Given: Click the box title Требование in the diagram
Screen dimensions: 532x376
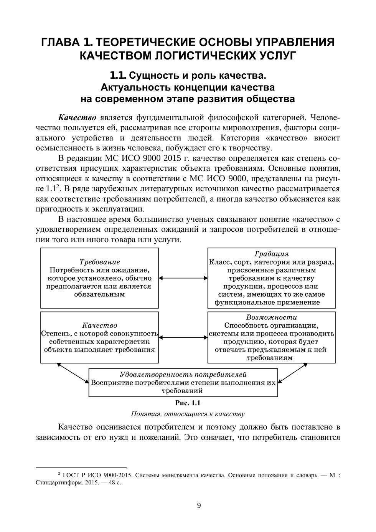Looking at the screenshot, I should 99,262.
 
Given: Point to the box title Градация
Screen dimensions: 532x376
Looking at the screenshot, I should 272,254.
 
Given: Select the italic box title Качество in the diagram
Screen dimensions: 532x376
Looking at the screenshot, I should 99,325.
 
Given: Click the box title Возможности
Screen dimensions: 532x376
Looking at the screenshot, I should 272,317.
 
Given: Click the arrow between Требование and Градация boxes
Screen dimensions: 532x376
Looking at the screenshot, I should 183,278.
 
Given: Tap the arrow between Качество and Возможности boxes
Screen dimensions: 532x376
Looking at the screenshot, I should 183,337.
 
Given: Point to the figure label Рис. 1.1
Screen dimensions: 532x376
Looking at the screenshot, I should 188,403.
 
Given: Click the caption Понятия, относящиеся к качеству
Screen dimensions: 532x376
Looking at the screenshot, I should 188,414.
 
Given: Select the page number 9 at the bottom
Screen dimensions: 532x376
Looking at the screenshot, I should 199,506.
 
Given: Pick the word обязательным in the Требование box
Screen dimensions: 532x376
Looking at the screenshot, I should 99,294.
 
